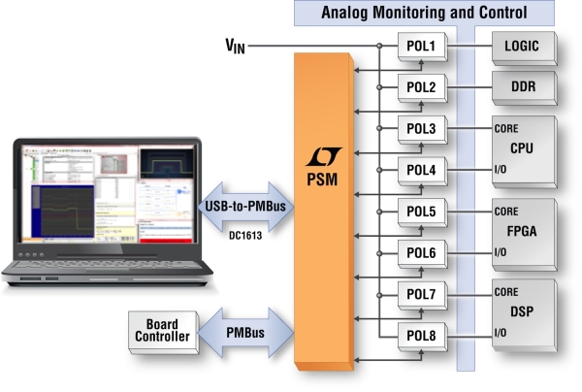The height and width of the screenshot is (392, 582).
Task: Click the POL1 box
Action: coord(422,47)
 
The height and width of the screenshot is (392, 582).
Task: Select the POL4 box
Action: coord(422,171)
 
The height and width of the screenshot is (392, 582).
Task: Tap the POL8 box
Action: coord(422,337)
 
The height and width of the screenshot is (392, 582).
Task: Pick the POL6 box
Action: coord(422,254)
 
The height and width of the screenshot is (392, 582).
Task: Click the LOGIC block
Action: coord(525,49)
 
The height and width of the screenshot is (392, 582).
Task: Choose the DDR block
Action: coord(525,88)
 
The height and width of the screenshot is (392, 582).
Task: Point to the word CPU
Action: coord(522,148)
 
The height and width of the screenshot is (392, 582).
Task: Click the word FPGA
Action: coord(522,231)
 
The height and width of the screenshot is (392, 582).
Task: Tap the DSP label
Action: coord(522,311)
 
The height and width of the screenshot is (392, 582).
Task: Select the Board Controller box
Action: coord(164,332)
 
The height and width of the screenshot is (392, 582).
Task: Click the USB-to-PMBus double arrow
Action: coord(245,207)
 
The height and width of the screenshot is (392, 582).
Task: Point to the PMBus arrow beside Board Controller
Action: coord(245,333)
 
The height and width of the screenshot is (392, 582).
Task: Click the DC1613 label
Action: coord(245,236)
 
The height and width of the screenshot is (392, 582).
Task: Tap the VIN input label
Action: coord(235,46)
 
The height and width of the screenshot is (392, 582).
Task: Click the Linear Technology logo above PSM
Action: coord(323,156)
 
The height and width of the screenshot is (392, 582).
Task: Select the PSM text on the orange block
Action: coord(322,180)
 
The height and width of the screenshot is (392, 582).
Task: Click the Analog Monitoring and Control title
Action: coord(424,13)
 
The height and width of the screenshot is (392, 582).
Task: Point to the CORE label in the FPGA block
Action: coord(506,212)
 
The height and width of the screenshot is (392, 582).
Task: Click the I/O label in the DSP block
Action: coord(501,333)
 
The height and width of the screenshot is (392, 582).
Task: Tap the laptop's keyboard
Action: coord(108,266)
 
